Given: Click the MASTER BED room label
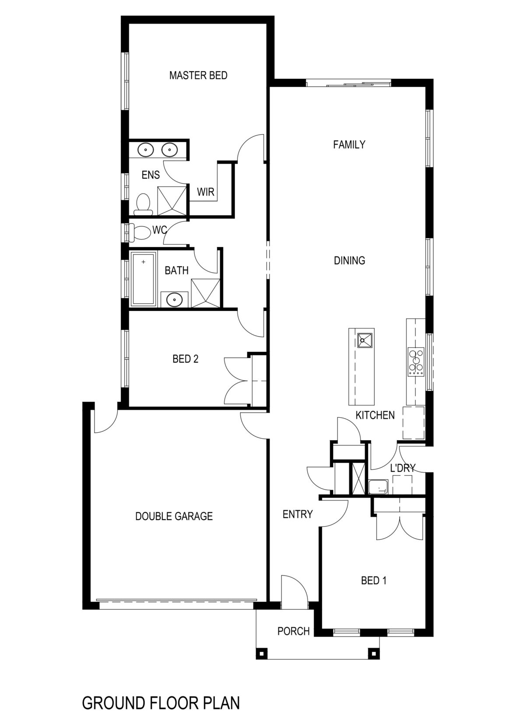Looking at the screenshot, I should click(x=198, y=75).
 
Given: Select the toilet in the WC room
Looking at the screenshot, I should click(x=139, y=232).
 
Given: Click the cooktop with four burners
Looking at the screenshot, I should click(x=416, y=361).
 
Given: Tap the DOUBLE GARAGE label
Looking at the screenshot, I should click(x=174, y=516).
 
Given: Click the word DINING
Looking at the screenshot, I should click(x=349, y=261).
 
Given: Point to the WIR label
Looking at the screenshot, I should click(x=206, y=192).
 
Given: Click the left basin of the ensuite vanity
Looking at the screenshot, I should click(x=145, y=150).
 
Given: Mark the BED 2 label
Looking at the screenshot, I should click(x=186, y=359).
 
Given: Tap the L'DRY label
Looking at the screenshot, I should click(x=403, y=468).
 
